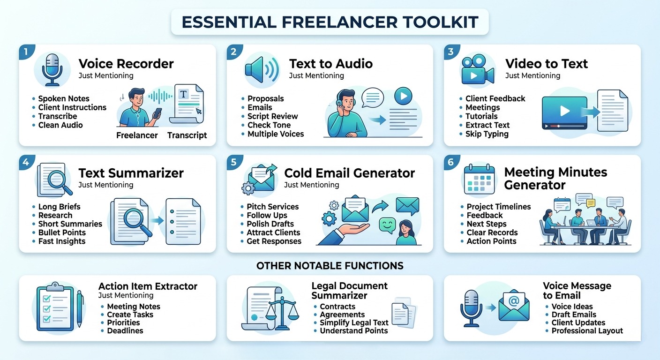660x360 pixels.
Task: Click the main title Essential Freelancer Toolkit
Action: pyautogui.click(x=330, y=22)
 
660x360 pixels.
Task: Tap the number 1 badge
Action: pyautogui.click(x=26, y=52)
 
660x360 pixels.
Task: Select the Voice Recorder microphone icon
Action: pyautogui.click(x=52, y=70)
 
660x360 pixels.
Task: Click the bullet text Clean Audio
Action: pyautogui.click(x=60, y=125)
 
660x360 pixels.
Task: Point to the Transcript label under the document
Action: pyautogui.click(x=187, y=135)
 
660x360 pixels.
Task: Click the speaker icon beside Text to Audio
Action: pyautogui.click(x=262, y=70)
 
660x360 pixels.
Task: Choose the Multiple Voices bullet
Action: pyautogui.click(x=276, y=134)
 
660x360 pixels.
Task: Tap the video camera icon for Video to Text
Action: pyautogui.click(x=478, y=69)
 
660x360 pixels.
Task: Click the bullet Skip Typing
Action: pyautogui.click(x=487, y=134)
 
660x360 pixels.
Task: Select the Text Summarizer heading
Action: pyautogui.click(x=131, y=173)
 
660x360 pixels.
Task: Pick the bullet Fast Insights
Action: pyautogui.click(x=62, y=241)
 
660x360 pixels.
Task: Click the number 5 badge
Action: pyautogui.click(x=234, y=162)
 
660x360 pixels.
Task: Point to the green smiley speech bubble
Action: pyautogui.click(x=387, y=225)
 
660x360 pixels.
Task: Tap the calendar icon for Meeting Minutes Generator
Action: pyautogui.click(x=479, y=179)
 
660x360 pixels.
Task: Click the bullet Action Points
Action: pyautogui.click(x=491, y=241)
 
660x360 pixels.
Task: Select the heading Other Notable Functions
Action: pyautogui.click(x=330, y=266)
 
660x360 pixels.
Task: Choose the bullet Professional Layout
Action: pyautogui.click(x=587, y=331)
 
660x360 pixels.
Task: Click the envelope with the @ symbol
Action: pyautogui.click(x=514, y=306)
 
